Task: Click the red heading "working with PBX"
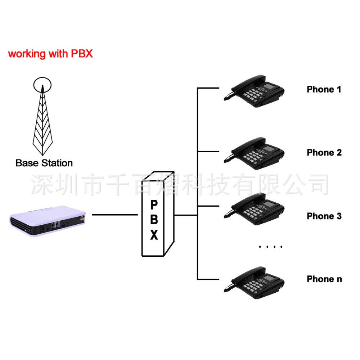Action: pos(50,54)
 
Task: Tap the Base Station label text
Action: pos(44,163)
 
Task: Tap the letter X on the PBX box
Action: pos(154,235)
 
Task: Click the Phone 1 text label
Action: pos(324,89)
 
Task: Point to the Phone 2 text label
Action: pos(324,153)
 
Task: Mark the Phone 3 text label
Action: pos(324,216)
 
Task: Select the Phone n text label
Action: pos(324,279)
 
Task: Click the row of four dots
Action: pos(271,247)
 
